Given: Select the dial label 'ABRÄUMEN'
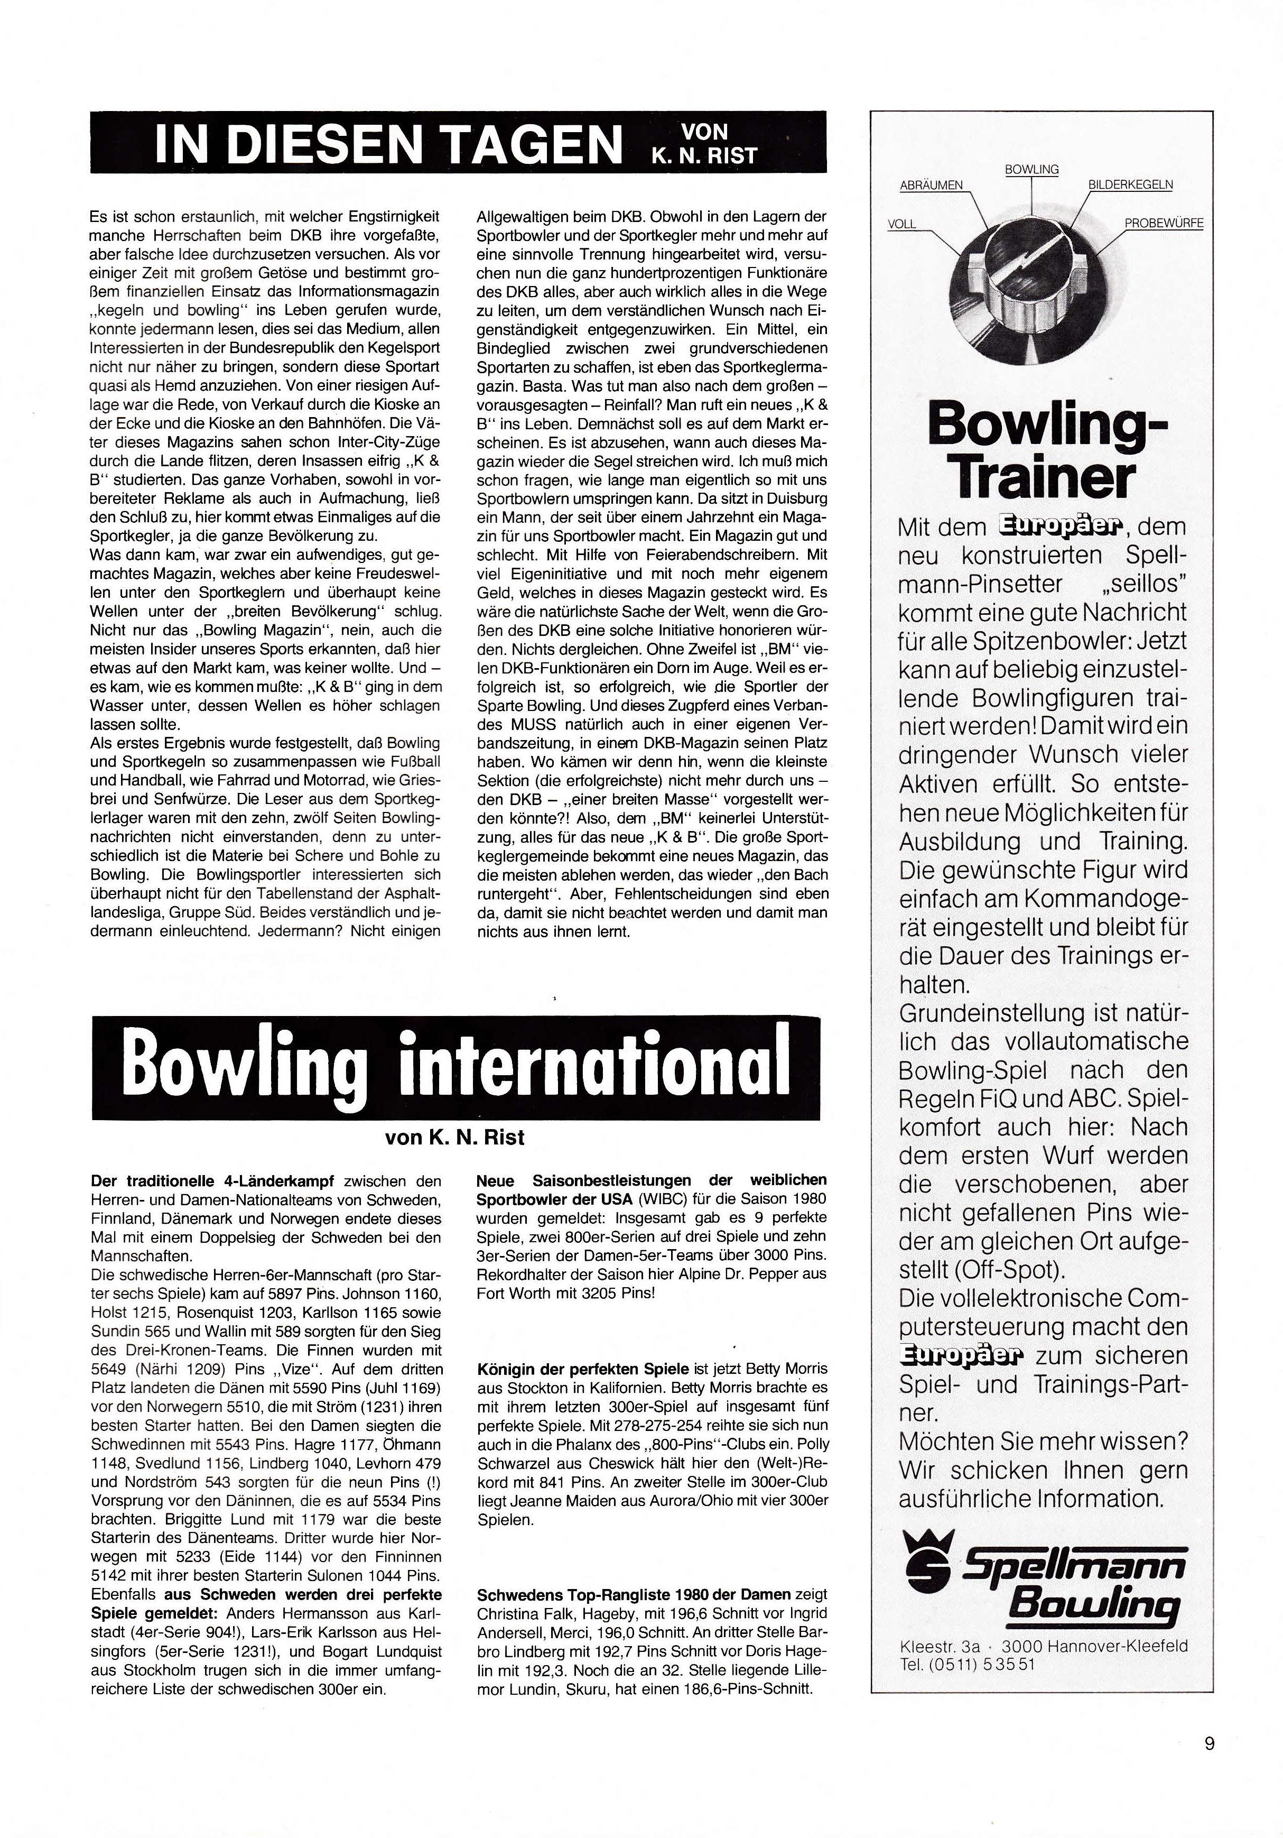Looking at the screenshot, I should click(932, 185).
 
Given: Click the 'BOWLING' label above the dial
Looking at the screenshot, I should click(1031, 170).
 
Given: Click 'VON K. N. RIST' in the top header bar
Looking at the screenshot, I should click(704, 143).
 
